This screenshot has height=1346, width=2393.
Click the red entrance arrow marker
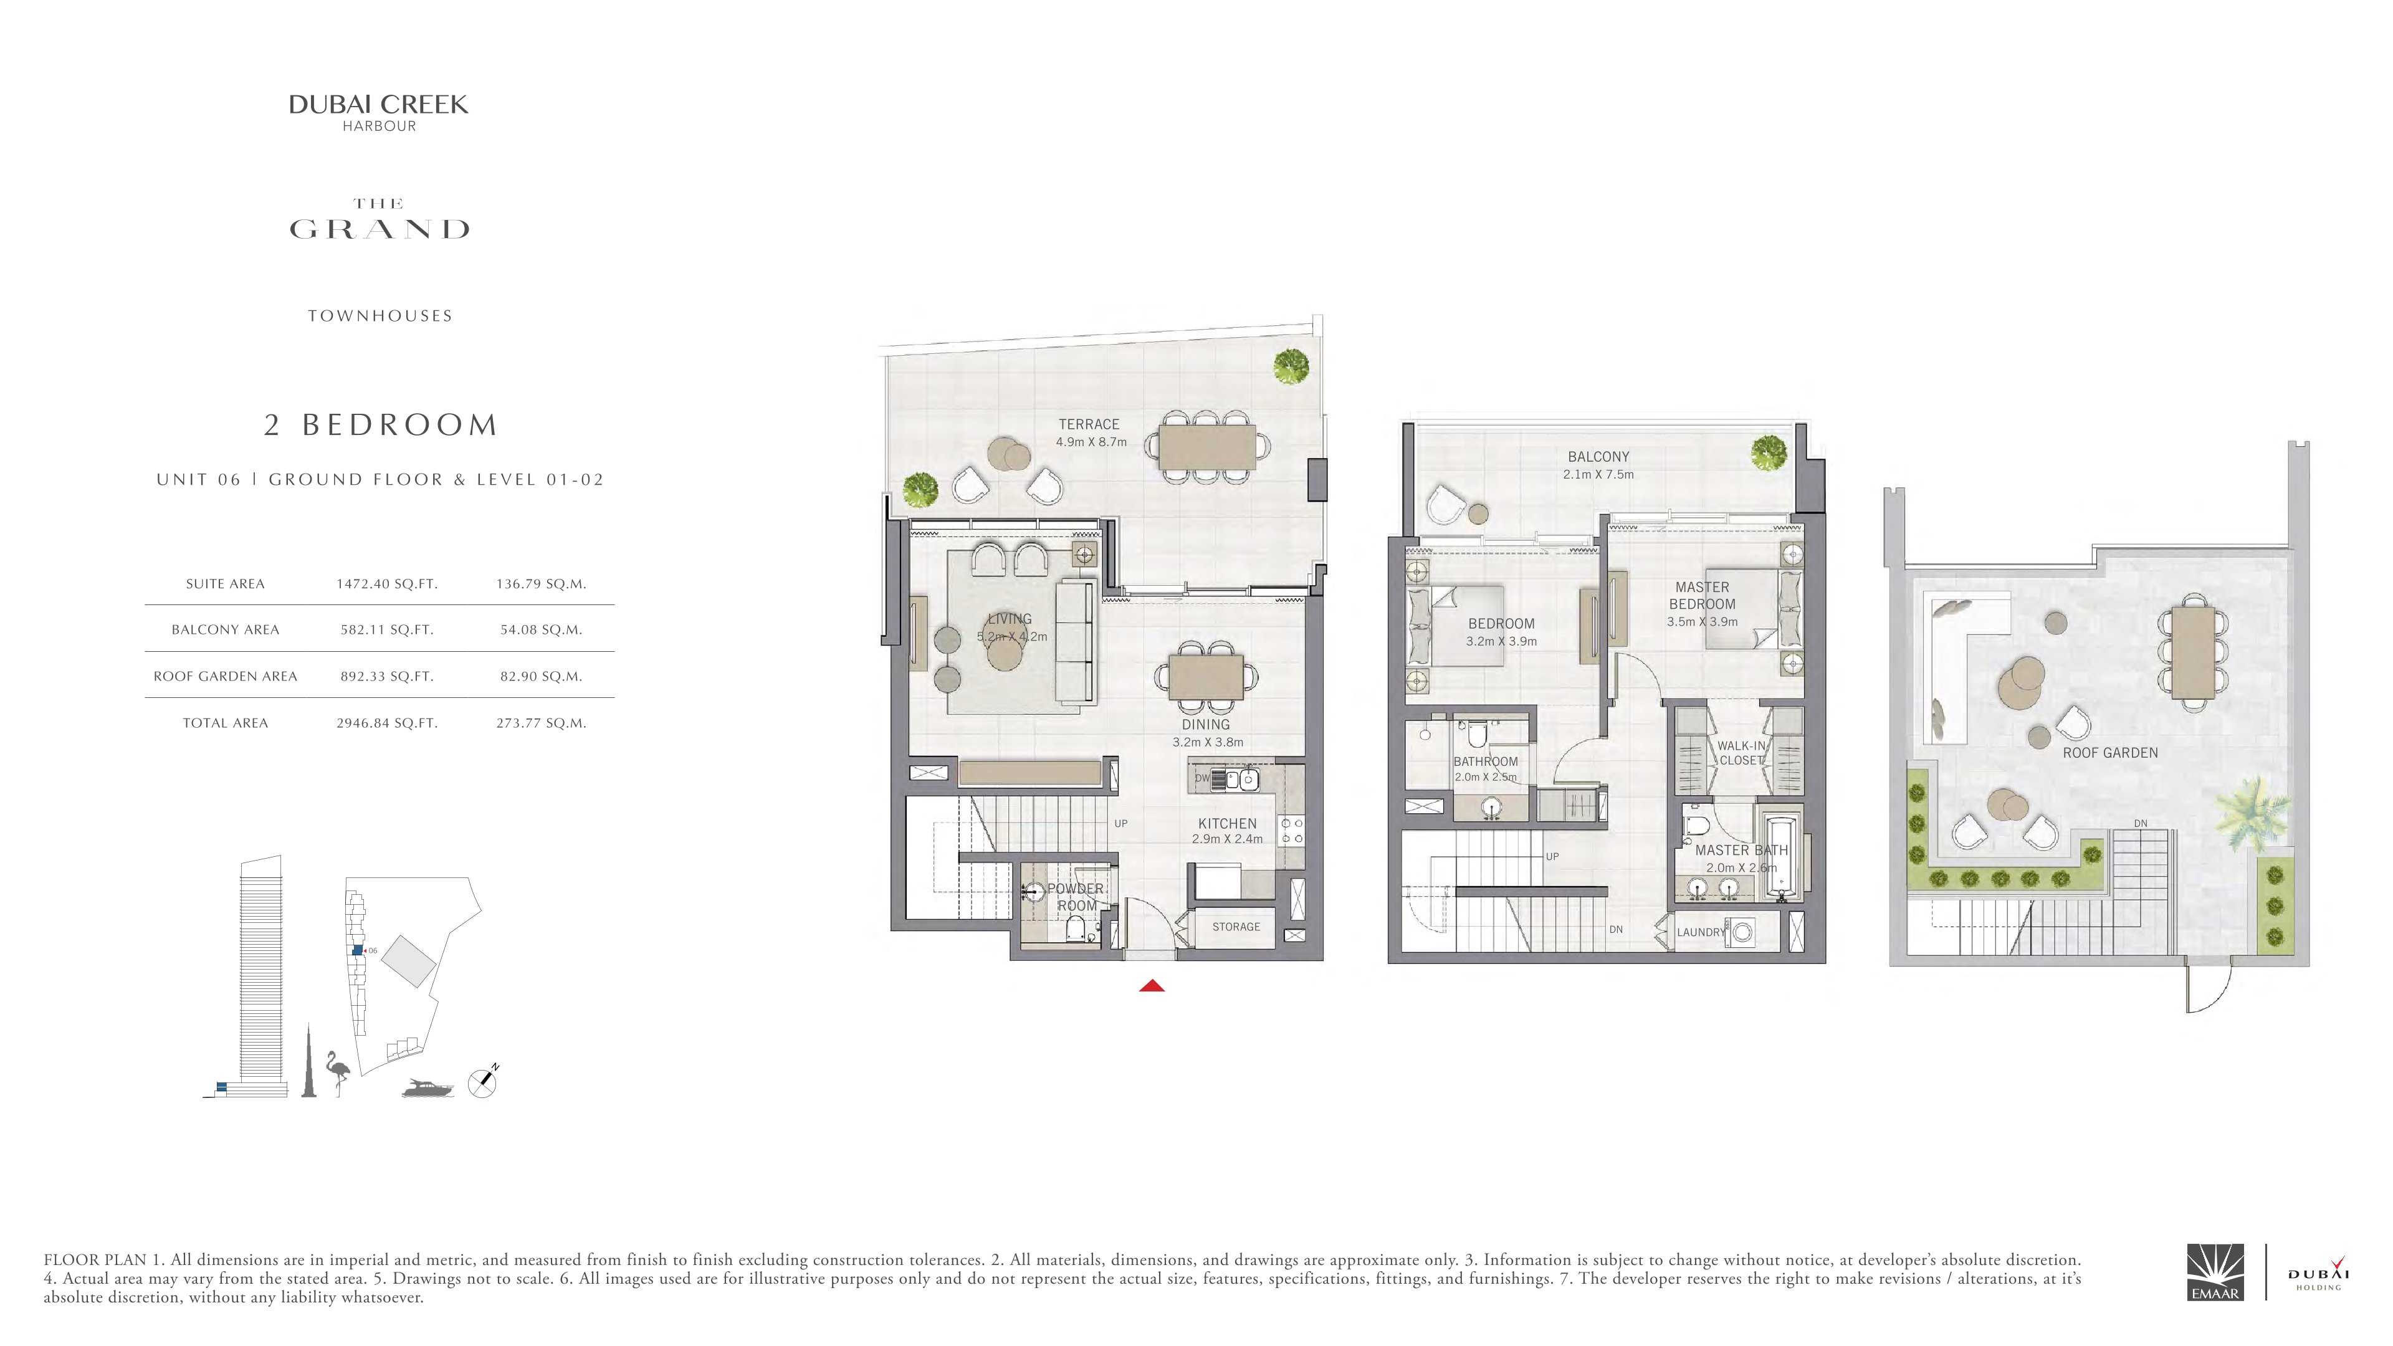point(1152,986)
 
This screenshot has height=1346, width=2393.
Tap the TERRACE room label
point(1089,424)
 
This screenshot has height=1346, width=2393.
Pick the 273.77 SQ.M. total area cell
point(541,723)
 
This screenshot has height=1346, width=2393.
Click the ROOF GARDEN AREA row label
point(226,676)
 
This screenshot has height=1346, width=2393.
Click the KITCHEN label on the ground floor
point(1227,824)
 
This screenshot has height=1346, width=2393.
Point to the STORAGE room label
point(1236,926)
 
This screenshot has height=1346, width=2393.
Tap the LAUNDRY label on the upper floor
point(1701,932)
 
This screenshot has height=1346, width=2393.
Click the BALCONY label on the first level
point(1598,457)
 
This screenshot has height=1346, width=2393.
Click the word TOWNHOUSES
point(380,316)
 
